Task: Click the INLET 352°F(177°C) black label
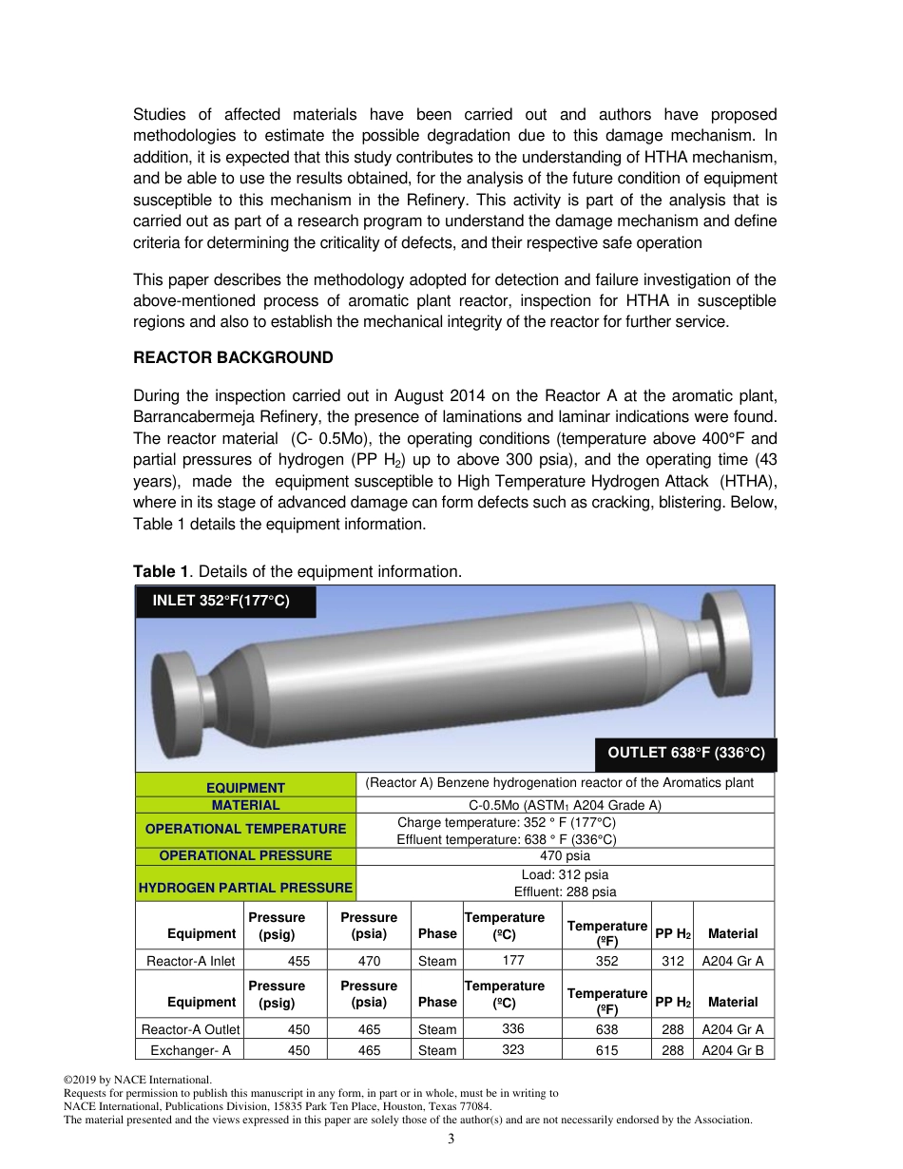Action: point(225,602)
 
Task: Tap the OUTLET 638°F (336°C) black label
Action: point(685,753)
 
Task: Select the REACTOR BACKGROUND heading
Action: point(233,357)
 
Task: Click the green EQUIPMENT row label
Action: point(245,787)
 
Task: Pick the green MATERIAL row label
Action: point(245,805)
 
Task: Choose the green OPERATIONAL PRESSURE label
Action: point(245,855)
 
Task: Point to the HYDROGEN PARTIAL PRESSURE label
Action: point(245,888)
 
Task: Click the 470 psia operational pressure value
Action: point(565,855)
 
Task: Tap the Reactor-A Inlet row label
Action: point(190,961)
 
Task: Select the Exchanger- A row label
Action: point(190,1050)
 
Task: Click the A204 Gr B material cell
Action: point(733,1050)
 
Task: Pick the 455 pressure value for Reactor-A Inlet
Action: point(298,961)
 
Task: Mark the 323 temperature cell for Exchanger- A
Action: point(512,1050)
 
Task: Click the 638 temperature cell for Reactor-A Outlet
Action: point(606,1029)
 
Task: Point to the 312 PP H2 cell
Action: point(672,961)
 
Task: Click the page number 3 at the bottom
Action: point(451,1140)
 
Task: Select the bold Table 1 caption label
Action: point(160,571)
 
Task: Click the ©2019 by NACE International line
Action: point(136,1081)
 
